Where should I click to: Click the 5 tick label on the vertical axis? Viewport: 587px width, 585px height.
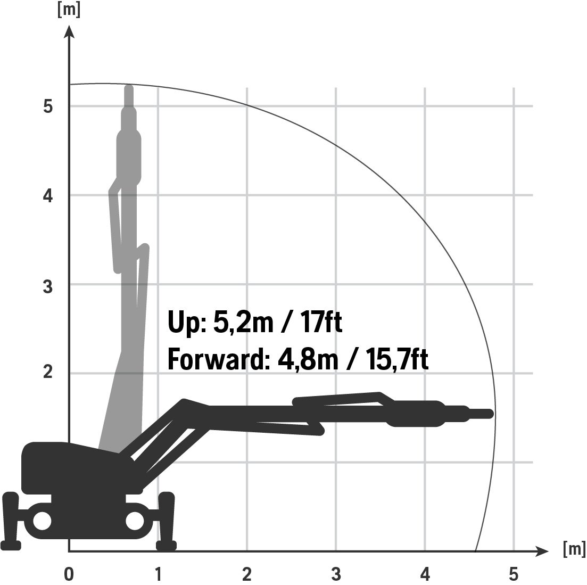[48, 106]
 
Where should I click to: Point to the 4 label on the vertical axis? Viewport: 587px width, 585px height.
[48, 195]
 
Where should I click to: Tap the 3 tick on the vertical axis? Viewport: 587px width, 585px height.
[48, 286]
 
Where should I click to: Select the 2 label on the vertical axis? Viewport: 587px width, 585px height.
[48, 372]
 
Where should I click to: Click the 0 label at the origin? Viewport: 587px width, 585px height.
[69, 574]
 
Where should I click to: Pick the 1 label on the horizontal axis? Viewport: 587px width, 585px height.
[158, 574]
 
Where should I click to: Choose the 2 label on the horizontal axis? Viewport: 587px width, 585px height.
[247, 574]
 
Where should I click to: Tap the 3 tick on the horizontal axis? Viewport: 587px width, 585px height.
[336, 574]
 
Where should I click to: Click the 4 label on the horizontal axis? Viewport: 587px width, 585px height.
[425, 574]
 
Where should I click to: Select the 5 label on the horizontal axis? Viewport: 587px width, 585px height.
[514, 574]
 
